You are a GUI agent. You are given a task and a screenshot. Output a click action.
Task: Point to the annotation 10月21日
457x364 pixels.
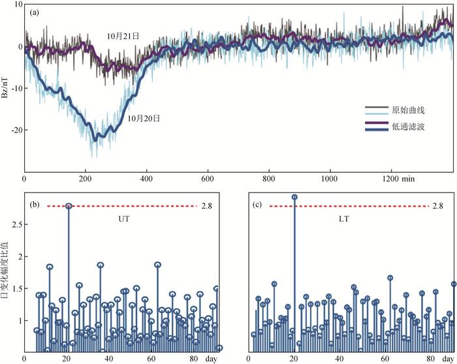point(123,37)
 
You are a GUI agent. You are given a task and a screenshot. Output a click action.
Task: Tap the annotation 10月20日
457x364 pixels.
point(144,118)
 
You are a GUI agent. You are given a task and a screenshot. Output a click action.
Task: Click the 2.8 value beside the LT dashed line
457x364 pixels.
point(438,206)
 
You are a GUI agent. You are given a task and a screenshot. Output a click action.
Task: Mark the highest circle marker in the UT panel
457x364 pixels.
point(69,206)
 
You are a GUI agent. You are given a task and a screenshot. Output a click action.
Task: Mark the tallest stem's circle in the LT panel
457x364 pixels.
point(294,197)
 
